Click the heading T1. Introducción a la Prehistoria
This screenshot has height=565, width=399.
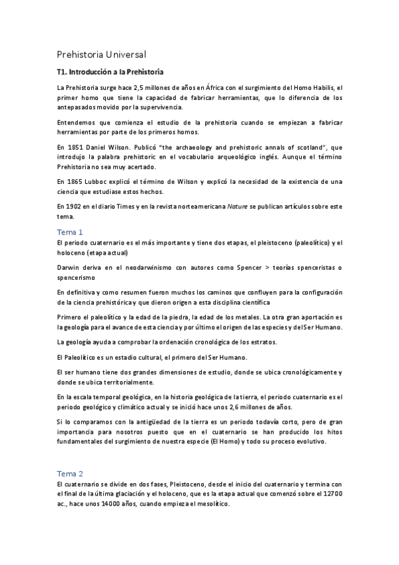(x=110, y=72)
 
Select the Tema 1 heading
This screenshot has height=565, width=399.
(x=70, y=233)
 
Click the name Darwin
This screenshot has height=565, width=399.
(x=70, y=267)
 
